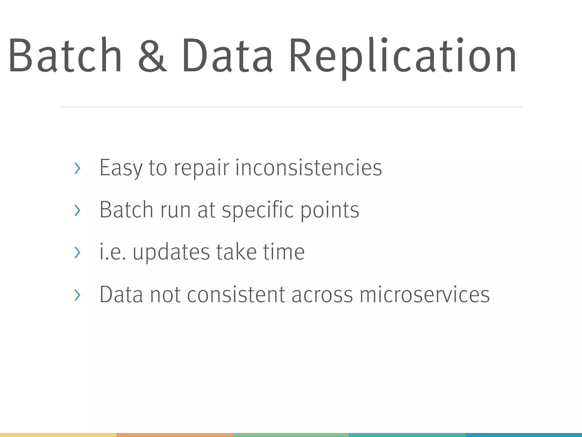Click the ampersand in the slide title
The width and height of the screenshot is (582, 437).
[x=152, y=55]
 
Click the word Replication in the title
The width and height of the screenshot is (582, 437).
[x=402, y=55]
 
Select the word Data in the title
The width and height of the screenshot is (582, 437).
[x=227, y=55]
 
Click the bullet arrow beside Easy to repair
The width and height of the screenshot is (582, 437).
[x=77, y=168]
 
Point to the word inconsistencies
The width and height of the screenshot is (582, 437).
[x=309, y=168]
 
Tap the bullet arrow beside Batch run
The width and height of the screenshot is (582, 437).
[x=77, y=210]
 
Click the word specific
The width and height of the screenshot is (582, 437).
[x=257, y=211]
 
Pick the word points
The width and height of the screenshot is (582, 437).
[x=330, y=211]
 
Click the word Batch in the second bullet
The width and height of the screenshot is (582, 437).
[x=126, y=210]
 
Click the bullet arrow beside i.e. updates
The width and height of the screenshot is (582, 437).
[x=77, y=252]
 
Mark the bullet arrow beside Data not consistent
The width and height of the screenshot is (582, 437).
[x=77, y=295]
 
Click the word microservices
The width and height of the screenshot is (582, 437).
[x=425, y=295]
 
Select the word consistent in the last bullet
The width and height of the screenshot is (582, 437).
[x=236, y=295]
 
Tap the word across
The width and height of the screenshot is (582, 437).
[x=322, y=295]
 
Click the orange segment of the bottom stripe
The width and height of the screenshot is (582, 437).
[x=174, y=435]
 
